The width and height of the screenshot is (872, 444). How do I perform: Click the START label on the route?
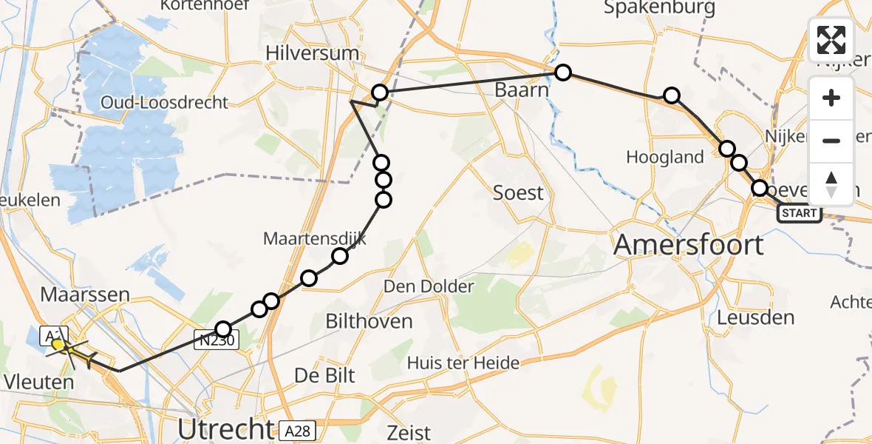pos(799,214)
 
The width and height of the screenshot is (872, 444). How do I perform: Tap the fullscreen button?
pos(831,40)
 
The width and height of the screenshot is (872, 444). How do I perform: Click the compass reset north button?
pos(831,184)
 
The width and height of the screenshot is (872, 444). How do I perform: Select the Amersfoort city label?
pos(689,243)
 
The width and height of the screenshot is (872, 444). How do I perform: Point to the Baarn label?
pos(522,91)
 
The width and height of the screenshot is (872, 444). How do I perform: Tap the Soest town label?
pos(518,193)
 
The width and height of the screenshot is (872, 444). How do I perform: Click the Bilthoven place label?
pos(369,320)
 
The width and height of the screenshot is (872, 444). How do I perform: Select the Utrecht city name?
pos(225,428)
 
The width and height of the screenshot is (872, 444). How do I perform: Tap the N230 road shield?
pos(217,340)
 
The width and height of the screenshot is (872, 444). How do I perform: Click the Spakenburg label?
pos(660,8)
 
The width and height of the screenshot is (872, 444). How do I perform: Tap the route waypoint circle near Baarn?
pos(563,73)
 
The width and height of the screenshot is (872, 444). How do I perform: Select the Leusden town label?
pos(756,317)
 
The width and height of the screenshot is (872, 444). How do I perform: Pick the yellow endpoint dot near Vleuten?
pos(58,344)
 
